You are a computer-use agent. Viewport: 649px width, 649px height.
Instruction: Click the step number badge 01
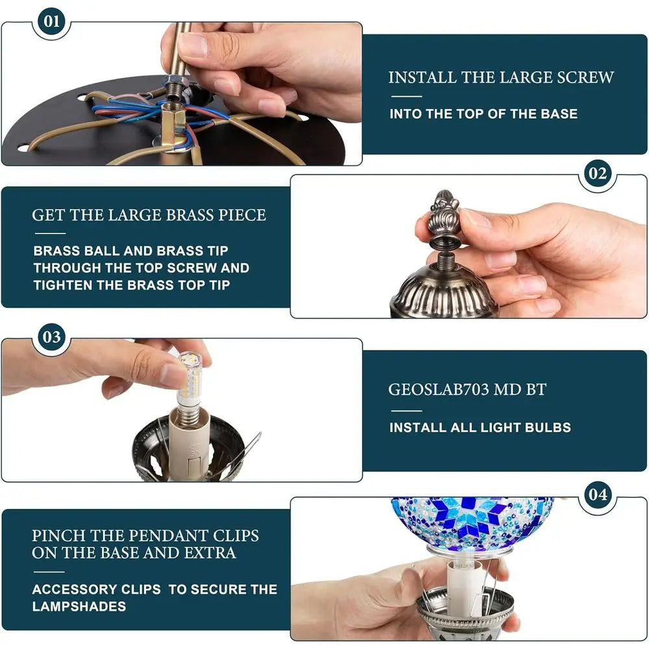click(51, 21)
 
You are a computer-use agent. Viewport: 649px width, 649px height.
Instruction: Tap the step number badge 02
click(597, 173)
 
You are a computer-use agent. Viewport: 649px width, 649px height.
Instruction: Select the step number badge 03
click(51, 337)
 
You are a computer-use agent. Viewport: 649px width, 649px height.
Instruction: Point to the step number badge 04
click(597, 495)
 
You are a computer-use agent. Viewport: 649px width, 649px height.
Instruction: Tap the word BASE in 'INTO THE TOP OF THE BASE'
click(559, 114)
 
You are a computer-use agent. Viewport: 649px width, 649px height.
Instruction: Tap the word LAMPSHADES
click(79, 607)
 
